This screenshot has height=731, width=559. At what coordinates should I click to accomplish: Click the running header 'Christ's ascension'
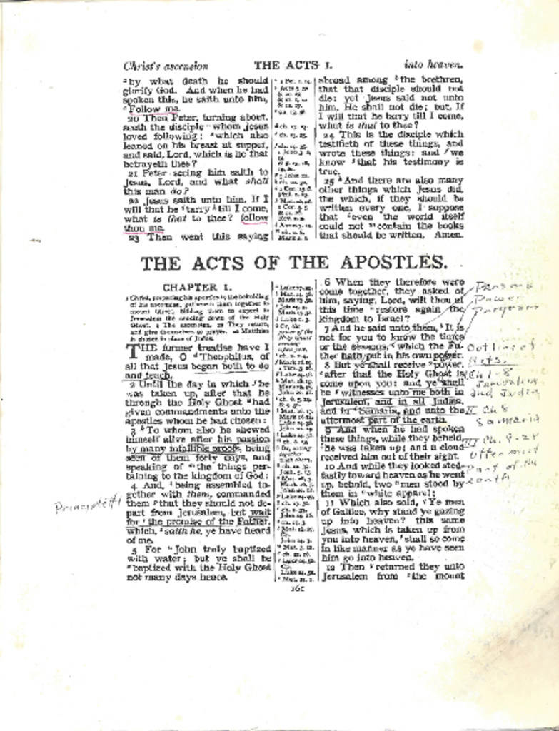pyautogui.click(x=166, y=66)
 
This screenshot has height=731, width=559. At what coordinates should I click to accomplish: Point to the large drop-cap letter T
pyautogui.click(x=134, y=352)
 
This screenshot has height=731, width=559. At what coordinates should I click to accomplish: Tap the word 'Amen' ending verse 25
pyautogui.click(x=449, y=234)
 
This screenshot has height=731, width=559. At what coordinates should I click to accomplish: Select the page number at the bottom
pyautogui.click(x=298, y=588)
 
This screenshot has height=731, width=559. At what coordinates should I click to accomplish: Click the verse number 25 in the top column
pyautogui.click(x=329, y=181)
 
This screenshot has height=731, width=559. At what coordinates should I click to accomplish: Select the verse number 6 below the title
pyautogui.click(x=328, y=282)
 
